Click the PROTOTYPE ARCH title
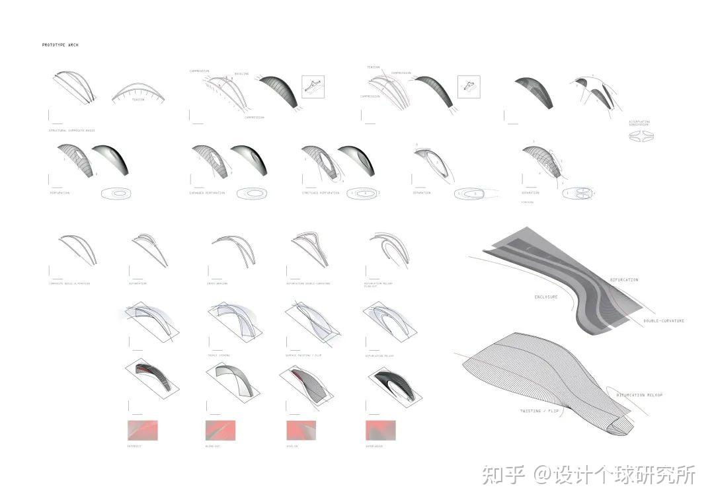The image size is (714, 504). [60, 45]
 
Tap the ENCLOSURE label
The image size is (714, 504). [545, 297]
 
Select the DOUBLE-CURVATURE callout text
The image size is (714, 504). [664, 321]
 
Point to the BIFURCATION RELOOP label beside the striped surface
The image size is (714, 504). [639, 395]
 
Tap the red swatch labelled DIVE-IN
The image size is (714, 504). [300, 430]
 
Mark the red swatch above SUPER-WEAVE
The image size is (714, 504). [379, 430]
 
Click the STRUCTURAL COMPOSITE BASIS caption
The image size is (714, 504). [71, 130]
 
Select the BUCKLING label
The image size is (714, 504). [242, 74]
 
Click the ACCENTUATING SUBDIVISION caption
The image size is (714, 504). [639, 124]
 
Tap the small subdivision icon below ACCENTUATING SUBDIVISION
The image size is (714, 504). [640, 136]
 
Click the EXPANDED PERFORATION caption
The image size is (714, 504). [207, 193]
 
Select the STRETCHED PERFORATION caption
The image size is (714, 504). [321, 193]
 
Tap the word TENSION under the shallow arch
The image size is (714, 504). [138, 100]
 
